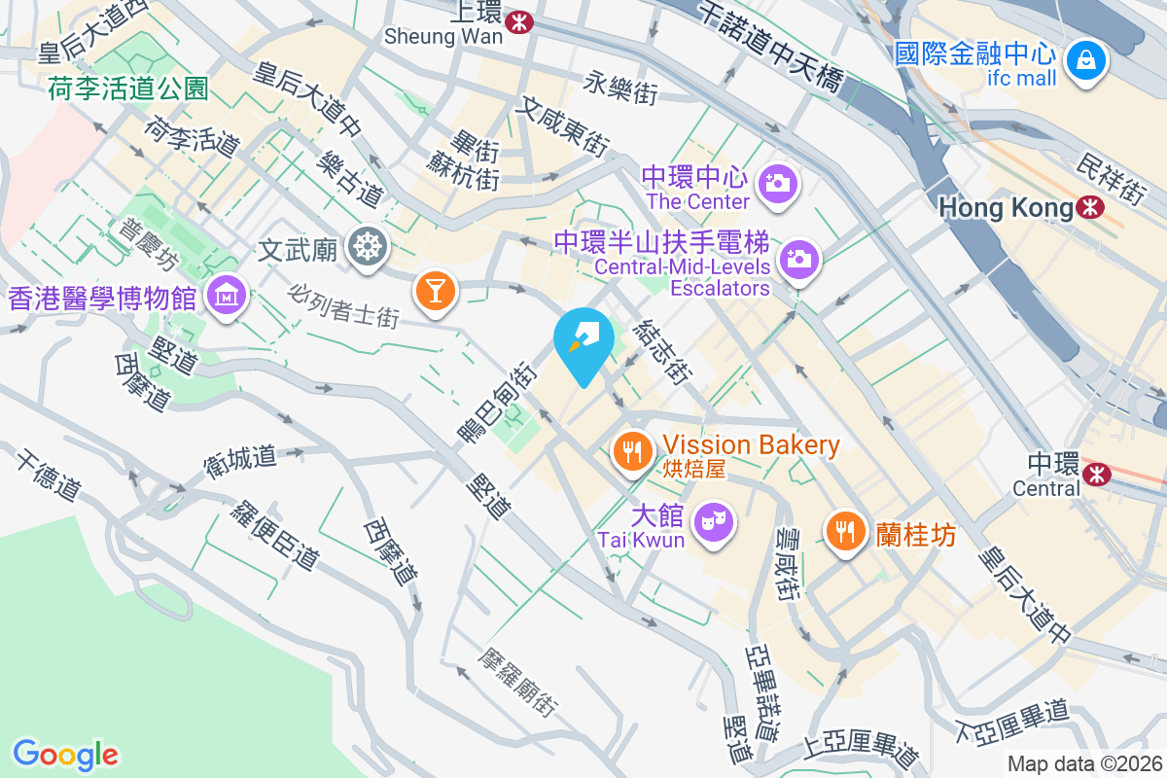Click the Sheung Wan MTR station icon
pos(521,19)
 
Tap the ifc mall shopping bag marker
pos(1084,61)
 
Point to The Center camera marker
pos(777,182)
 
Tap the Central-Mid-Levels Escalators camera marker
pos(799,258)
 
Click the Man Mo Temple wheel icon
pos(367,247)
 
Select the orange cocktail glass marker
pos(435,290)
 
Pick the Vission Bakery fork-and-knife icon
pos(633,451)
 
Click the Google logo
pos(65,754)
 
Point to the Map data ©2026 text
pos(1084,764)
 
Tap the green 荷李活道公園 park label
pos(128,89)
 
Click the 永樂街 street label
pos(621,88)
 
